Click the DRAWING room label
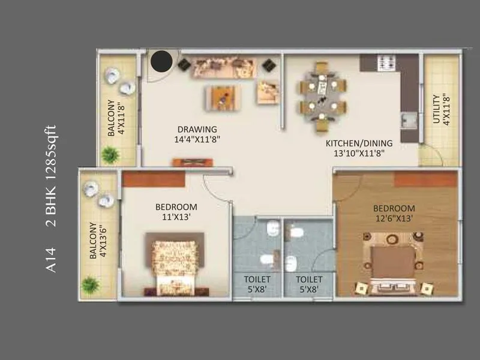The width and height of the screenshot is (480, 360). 197,129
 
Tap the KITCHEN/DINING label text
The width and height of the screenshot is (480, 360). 359,143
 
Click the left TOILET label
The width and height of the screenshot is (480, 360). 257,280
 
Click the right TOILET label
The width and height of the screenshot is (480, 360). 309,280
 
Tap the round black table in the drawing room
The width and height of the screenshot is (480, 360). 161,61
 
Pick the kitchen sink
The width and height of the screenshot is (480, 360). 409,121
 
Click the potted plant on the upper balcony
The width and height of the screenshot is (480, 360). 109,155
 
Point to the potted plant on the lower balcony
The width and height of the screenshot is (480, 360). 91,284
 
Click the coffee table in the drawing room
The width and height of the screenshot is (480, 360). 223,95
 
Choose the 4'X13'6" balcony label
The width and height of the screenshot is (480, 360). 97,241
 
